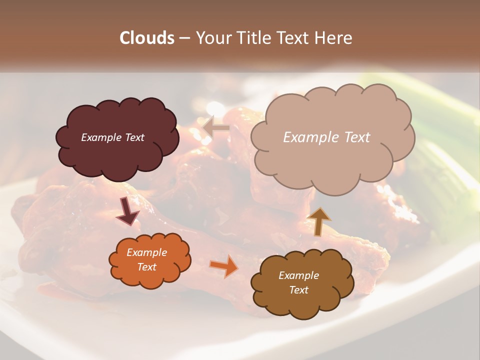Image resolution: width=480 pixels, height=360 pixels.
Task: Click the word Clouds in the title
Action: [x=147, y=38]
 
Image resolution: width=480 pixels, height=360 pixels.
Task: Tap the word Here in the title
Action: [x=334, y=38]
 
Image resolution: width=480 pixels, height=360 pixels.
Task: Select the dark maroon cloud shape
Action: [x=116, y=150]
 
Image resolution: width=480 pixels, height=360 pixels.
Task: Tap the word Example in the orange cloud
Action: [x=146, y=252]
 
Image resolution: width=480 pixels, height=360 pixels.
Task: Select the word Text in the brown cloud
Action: [x=298, y=290]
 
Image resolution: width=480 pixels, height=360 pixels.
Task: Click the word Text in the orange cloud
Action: [x=146, y=267]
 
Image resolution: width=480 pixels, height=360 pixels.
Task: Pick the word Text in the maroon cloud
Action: [x=134, y=137]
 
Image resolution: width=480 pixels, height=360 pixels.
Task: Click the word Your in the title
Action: [x=210, y=38]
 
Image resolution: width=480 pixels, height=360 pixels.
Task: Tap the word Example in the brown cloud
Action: [x=298, y=275]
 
